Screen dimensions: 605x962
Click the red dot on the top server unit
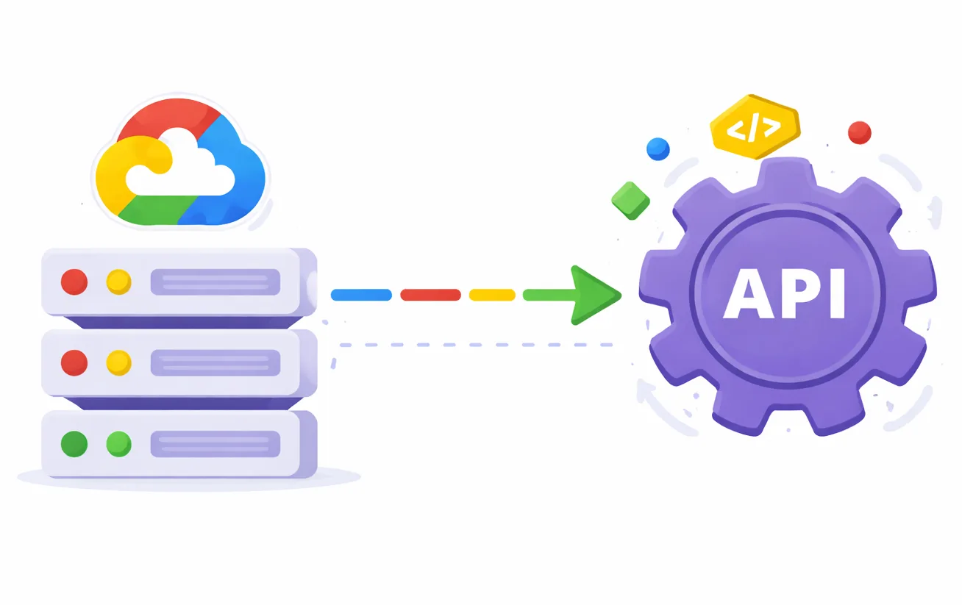tap(74, 282)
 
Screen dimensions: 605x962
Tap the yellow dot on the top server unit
tap(118, 282)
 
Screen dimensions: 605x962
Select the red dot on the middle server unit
tap(74, 362)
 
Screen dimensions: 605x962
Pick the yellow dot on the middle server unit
tap(118, 362)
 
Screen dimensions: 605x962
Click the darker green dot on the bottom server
tap(74, 444)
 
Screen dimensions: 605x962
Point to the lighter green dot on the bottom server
tap(118, 444)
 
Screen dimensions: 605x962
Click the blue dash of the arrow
tap(361, 295)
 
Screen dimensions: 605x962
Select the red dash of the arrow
tap(430, 295)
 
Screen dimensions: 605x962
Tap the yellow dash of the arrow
tap(492, 295)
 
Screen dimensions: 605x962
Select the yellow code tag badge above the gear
tap(754, 127)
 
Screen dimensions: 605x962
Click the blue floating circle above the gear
tap(658, 149)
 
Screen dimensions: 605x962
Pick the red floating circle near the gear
tap(859, 133)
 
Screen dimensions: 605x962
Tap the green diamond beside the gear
tap(630, 200)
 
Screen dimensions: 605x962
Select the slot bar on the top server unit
tap(215, 282)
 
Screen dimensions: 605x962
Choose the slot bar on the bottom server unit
tap(215, 444)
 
